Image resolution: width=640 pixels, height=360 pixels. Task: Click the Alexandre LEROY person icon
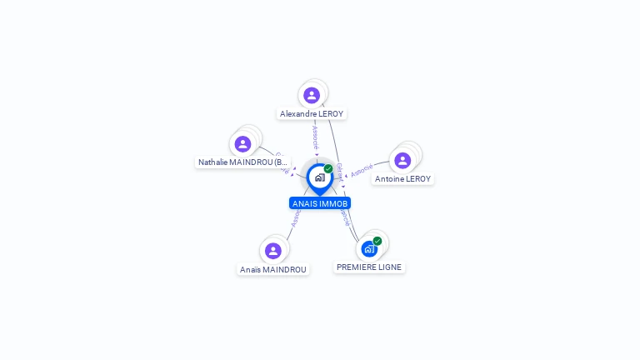pos(312,95)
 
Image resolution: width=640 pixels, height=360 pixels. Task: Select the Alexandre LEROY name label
pos(312,113)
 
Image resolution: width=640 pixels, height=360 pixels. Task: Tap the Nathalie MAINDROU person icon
pos(242,144)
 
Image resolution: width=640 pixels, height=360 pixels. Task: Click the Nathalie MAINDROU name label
pos(242,162)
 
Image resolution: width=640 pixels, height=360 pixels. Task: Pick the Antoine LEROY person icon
pos(402,160)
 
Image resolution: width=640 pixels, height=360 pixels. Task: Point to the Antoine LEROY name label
pos(402,178)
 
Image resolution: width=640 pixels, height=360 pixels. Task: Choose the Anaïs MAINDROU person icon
pos(273,251)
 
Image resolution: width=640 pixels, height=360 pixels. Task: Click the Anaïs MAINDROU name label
pos(273,269)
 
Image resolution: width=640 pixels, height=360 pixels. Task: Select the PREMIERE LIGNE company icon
pos(368,248)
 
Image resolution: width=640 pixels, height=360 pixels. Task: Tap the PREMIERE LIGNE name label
pos(369,267)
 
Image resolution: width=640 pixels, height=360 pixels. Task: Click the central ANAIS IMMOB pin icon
pos(319,177)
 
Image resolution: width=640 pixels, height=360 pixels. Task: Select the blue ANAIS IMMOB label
pos(320,203)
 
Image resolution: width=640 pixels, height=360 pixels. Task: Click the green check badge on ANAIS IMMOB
pos(328,169)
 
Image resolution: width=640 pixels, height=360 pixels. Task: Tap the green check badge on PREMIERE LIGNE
pos(377,241)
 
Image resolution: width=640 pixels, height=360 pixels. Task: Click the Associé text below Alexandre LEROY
pos(315,137)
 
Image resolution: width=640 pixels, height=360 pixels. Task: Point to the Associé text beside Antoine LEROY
pos(362,170)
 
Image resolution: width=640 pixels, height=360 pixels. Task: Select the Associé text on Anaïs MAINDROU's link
pos(295,217)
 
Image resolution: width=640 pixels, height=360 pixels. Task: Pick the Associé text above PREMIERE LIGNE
pos(345,217)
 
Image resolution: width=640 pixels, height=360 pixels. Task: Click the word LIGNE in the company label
pos(387,267)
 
